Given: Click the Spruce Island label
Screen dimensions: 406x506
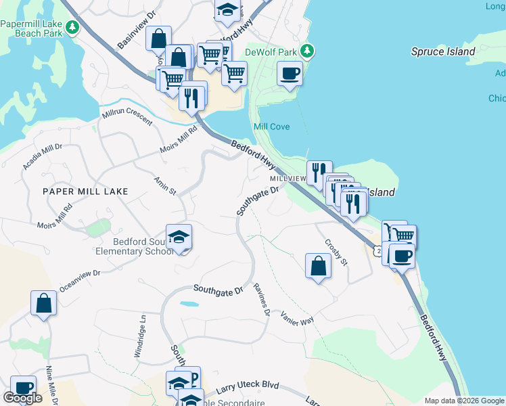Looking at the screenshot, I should point(443,51).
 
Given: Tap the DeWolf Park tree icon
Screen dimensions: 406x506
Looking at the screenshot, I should point(307,51).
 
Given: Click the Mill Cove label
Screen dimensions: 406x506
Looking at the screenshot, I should point(271,127).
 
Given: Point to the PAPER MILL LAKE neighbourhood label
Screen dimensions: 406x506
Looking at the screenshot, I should point(85,191).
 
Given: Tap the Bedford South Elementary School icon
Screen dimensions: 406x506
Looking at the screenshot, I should point(179,237).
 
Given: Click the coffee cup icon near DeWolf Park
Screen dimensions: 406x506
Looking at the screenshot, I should point(290,73).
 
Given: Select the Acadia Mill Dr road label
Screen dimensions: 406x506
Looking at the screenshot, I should point(42,156).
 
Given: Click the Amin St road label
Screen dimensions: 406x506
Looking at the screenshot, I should point(165,185).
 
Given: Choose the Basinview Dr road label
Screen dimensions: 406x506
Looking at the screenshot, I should point(137,29).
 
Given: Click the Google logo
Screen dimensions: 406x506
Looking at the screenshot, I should point(22,398).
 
